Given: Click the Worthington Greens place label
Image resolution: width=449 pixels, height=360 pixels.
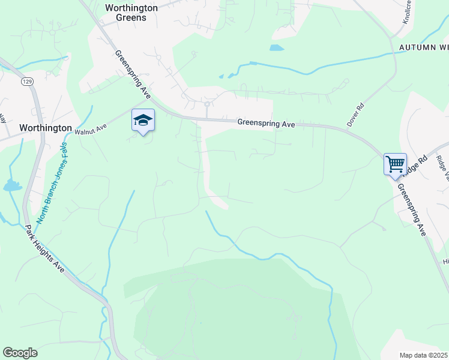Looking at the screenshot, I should point(131,13).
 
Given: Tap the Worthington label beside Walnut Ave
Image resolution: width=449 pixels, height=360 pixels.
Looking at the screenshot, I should point(46,128).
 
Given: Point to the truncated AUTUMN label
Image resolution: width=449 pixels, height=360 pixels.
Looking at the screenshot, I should point(420,47).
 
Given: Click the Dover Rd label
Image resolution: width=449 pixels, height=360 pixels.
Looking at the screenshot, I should point(355,115).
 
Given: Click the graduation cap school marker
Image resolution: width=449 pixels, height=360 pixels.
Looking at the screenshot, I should point(143,121).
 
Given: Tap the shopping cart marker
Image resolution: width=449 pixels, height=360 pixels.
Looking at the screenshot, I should point(395,164).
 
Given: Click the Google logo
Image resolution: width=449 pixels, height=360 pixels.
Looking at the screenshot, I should point(20,353).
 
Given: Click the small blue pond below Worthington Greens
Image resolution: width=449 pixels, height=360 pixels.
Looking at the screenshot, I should point(276,47).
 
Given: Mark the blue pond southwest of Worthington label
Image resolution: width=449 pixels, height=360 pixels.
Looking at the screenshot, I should point(12,186).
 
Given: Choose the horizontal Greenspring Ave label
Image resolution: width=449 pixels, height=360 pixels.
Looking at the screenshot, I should point(266,123).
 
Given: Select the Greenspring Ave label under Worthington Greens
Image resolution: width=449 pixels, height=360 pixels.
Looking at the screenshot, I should point(133,74).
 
